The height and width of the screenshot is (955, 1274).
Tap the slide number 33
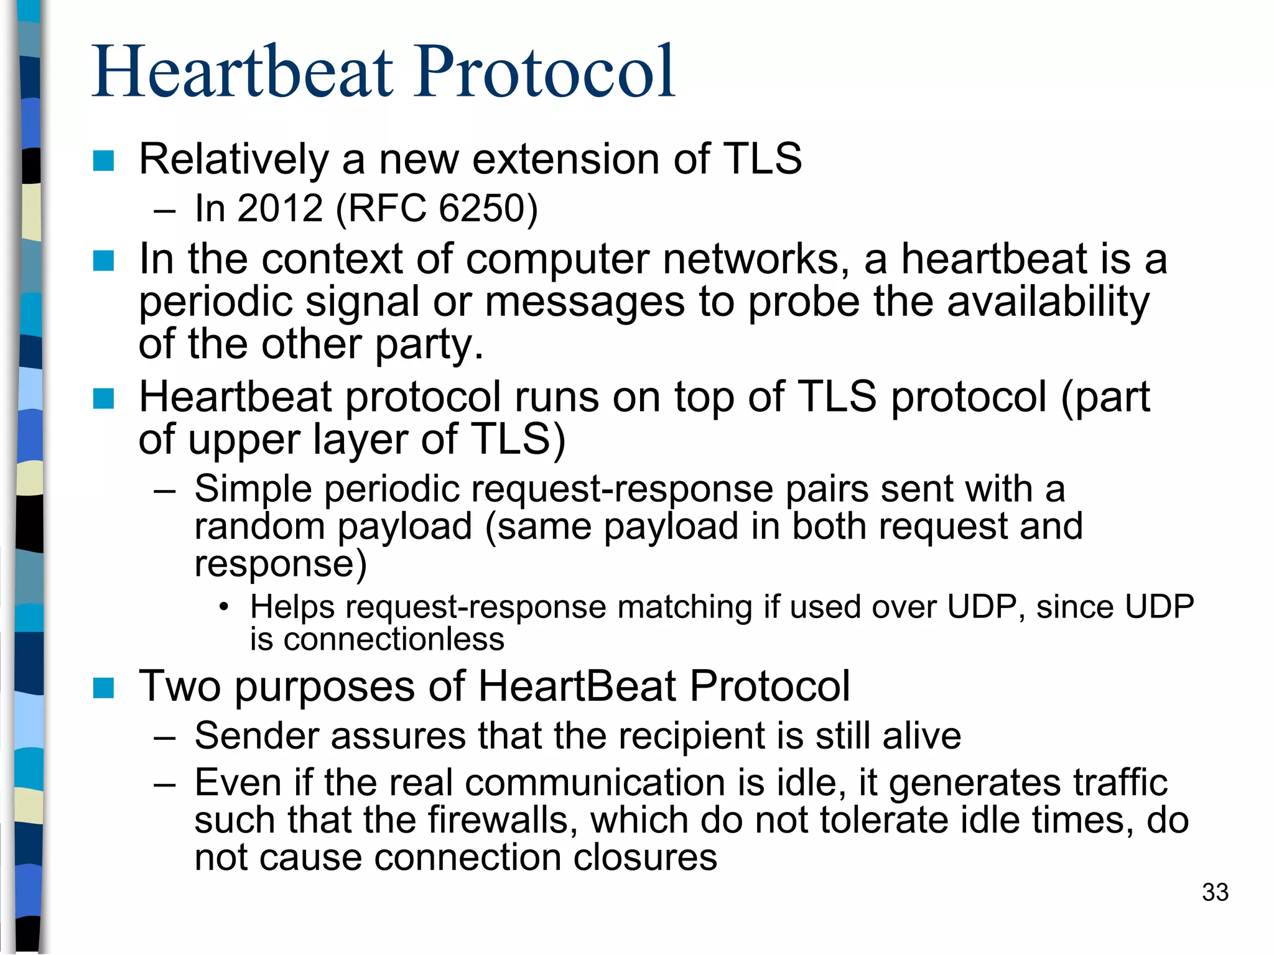[x=1214, y=892]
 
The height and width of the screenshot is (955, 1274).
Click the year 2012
[x=280, y=208]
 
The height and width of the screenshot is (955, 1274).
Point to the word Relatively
[x=233, y=160]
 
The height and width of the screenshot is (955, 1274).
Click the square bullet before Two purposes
[x=103, y=688]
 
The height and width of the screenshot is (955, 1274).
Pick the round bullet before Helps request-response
[x=224, y=607]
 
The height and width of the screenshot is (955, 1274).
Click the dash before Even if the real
[x=164, y=783]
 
